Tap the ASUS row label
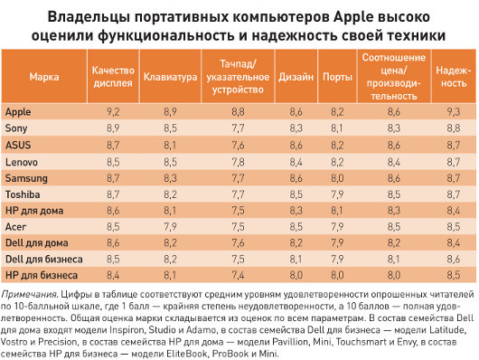click(19, 145)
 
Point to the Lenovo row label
click(22, 161)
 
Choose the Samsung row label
click(26, 177)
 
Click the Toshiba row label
click(23, 194)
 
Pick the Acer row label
click(17, 226)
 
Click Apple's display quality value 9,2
click(113, 109)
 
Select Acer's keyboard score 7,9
click(170, 226)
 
